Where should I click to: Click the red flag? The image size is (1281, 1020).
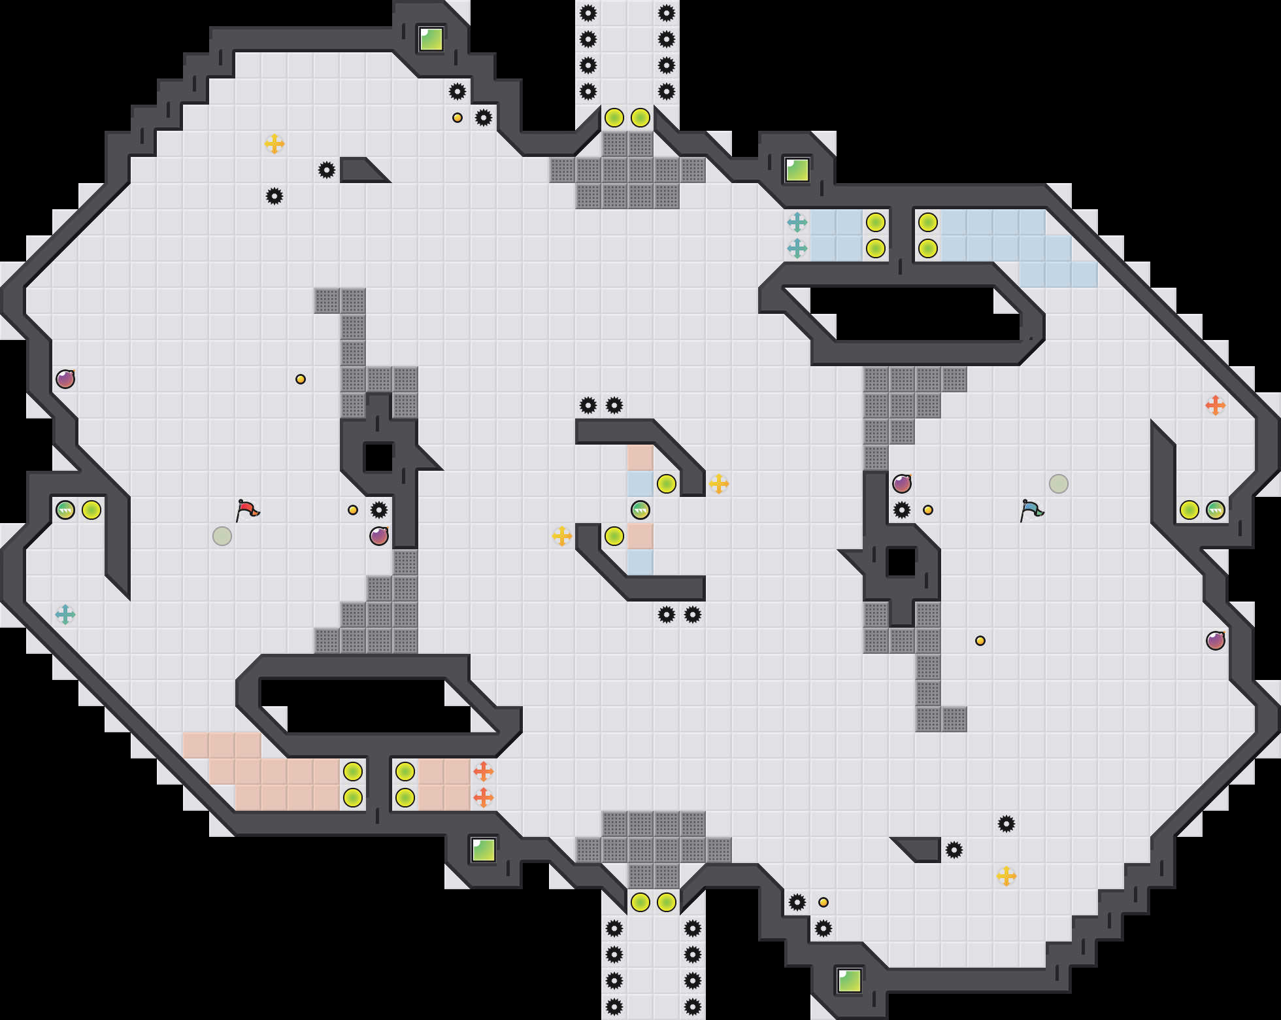coord(247,510)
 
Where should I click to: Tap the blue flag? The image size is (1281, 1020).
coord(1031,510)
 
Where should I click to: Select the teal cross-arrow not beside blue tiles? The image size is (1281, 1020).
coord(65,615)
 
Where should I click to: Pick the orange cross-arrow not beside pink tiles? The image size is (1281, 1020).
coord(1216,405)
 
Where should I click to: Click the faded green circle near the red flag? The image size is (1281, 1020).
coord(222,536)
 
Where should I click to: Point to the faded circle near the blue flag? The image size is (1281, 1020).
coord(1059,484)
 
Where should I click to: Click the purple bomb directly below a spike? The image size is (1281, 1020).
coord(379,536)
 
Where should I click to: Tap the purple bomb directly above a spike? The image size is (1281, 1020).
coord(902,484)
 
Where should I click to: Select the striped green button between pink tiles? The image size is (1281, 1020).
coord(640,510)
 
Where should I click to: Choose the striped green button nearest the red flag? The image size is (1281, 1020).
coord(65,510)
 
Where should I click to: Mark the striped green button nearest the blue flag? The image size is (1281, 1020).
coord(1216,510)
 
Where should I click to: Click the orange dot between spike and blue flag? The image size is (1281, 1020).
coord(928,510)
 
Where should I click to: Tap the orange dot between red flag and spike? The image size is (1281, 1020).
coord(353,510)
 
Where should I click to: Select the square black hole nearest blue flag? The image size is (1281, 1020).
coord(902,562)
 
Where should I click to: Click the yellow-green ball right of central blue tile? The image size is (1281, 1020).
coord(667,484)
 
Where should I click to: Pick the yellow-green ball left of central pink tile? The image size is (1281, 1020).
coord(614,536)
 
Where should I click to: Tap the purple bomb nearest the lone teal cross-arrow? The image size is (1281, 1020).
coord(65,379)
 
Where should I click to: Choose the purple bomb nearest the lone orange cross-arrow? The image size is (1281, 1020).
coord(1216,641)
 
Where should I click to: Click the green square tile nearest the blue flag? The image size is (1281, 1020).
coord(797,170)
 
